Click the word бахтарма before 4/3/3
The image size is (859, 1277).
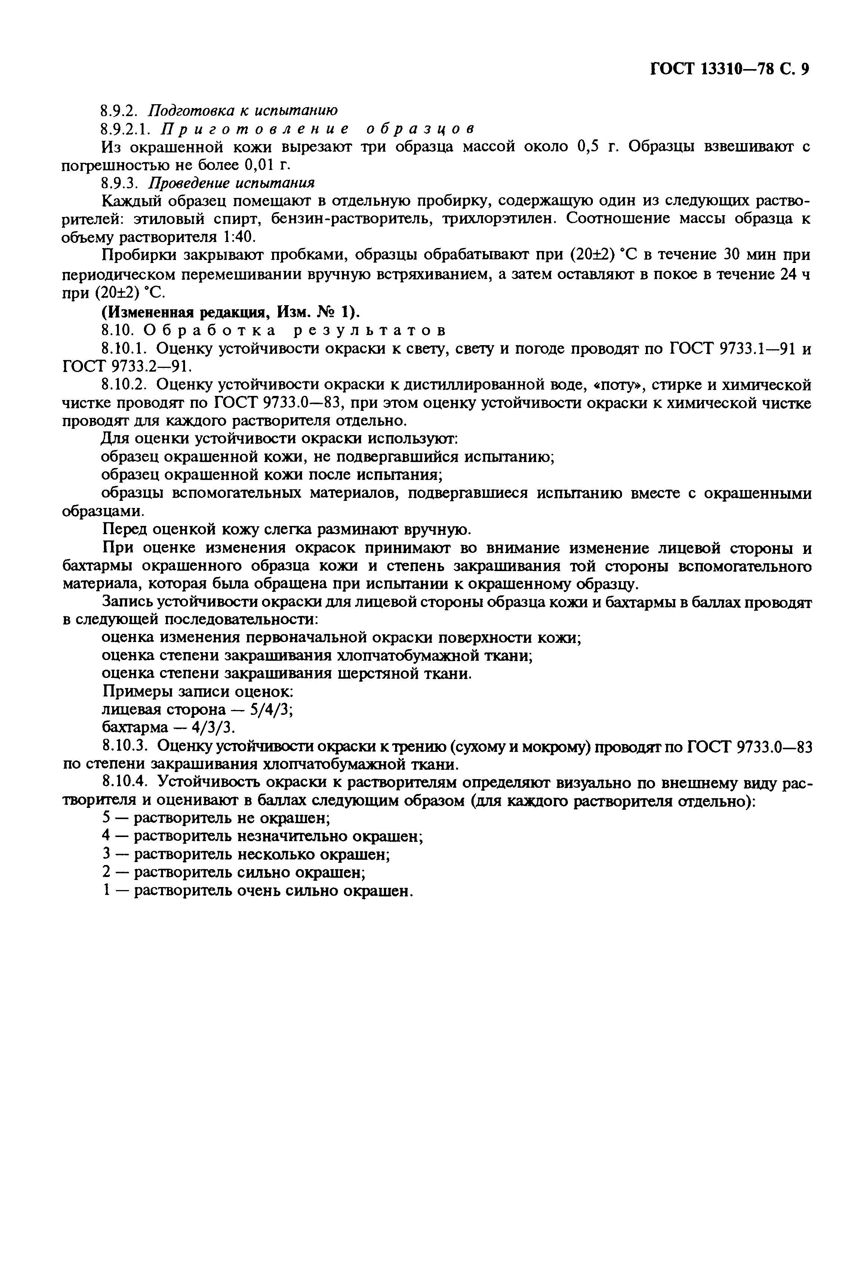[x=135, y=728]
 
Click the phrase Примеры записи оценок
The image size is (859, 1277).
[x=198, y=691]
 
